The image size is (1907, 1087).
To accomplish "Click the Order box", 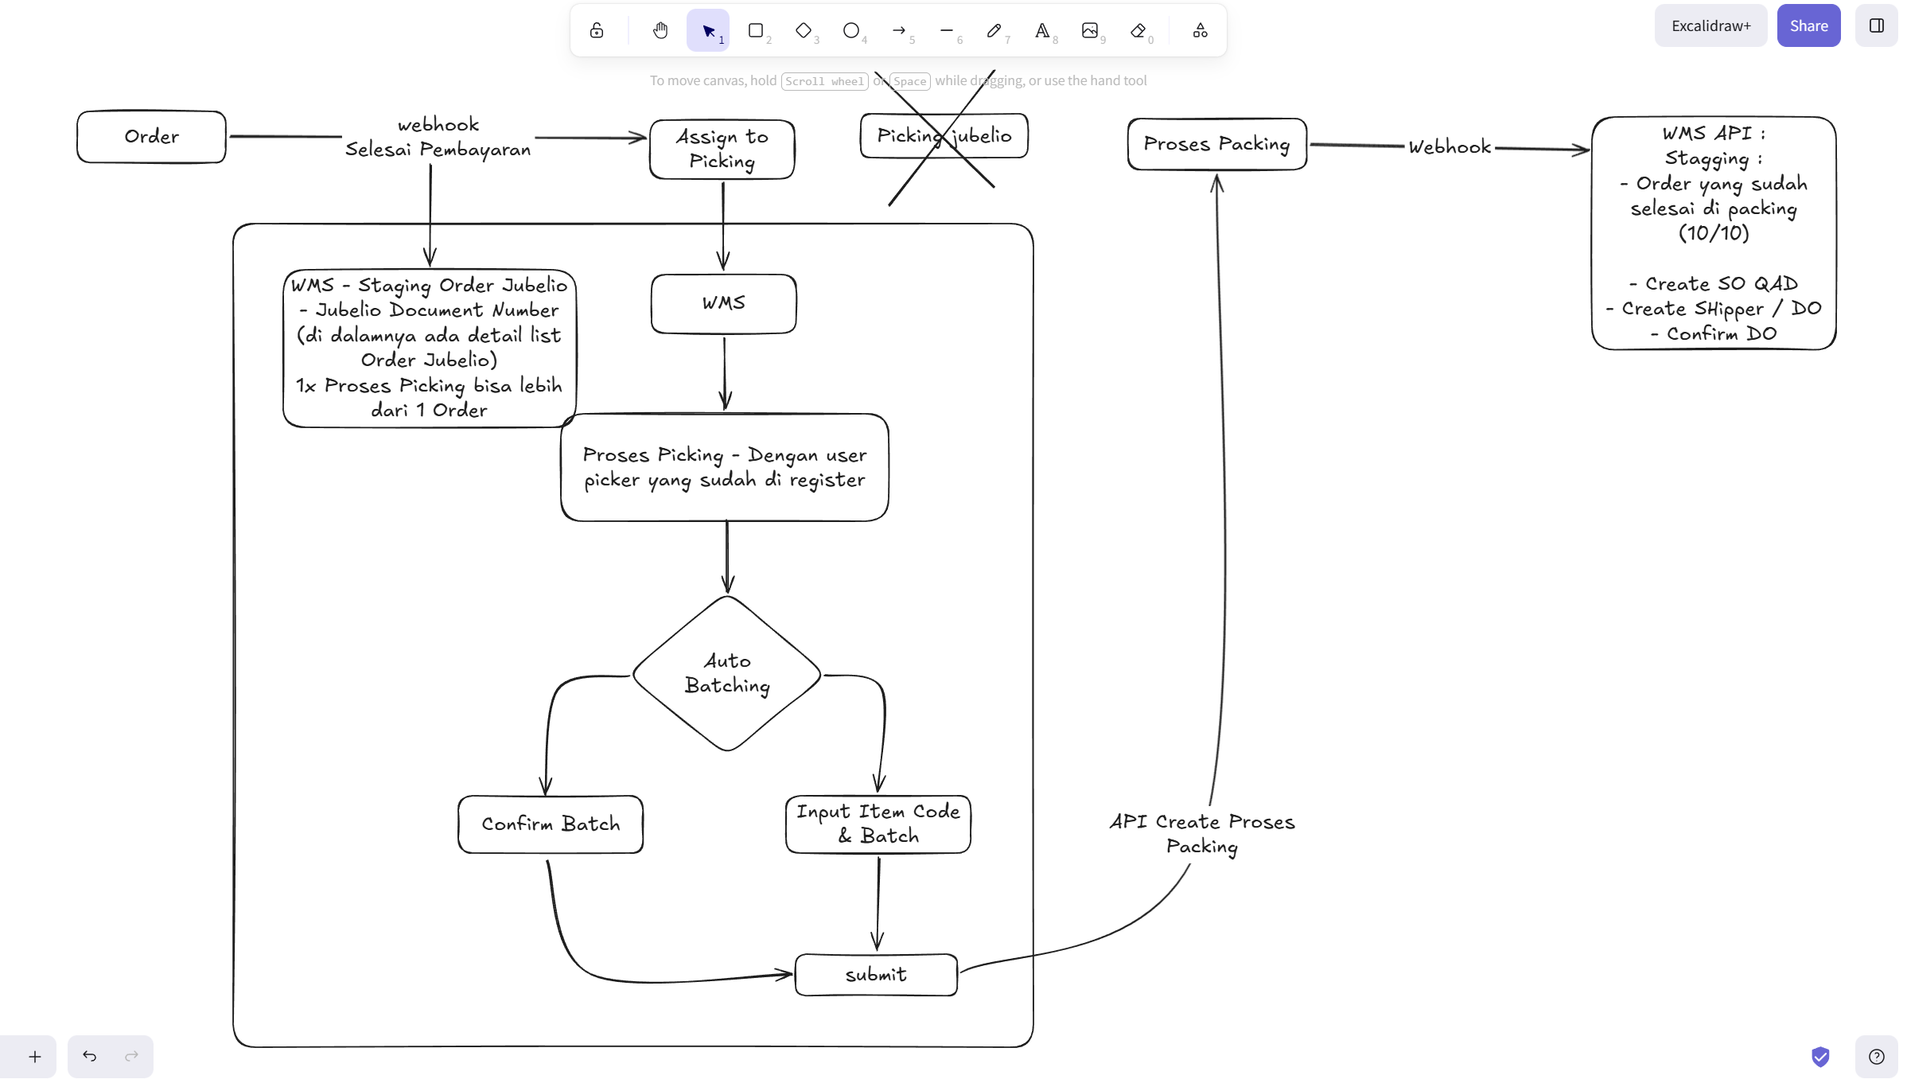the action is (x=151, y=137).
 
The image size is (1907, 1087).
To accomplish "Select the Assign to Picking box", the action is (x=722, y=150).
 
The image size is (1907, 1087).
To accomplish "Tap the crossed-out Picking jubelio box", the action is (x=944, y=136).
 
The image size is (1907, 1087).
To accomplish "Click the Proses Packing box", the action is (x=1216, y=144).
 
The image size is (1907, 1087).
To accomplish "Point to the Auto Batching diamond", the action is (x=726, y=673).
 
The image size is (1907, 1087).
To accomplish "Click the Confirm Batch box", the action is (x=551, y=824).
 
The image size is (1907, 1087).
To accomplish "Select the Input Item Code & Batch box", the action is (x=878, y=824).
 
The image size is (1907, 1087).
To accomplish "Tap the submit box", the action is (x=876, y=975).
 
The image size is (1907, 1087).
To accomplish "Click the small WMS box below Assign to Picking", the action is (x=723, y=304).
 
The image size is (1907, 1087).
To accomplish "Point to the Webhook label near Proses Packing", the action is (x=1449, y=147).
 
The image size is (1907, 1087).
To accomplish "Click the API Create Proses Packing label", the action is (x=1202, y=834).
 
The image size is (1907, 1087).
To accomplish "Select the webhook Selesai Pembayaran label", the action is (x=438, y=137).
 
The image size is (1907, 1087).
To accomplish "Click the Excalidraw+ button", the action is (x=1710, y=25).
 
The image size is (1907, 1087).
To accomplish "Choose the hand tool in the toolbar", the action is (x=660, y=30).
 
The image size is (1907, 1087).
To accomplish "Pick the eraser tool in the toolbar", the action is (x=1138, y=30).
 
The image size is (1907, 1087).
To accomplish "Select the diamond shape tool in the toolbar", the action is (x=804, y=30).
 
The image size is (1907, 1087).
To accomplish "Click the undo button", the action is (x=90, y=1056).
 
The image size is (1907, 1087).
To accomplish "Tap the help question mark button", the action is (x=1877, y=1057).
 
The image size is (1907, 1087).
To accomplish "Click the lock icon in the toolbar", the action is (x=597, y=30).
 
